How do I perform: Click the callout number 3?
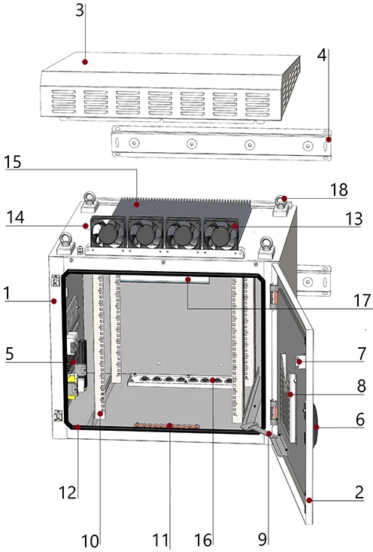80,11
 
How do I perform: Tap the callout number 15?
12,162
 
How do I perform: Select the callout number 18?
339,190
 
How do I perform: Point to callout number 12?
68,493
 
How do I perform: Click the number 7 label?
362,353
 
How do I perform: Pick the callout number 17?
362,300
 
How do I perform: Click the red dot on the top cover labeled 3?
85,62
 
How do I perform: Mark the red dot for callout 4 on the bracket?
329,139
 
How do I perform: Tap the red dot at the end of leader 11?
169,425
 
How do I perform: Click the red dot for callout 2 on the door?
309,500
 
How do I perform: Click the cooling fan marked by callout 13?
221,233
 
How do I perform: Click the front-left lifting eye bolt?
65,243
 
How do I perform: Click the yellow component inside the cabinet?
72,386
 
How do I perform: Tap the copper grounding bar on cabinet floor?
166,425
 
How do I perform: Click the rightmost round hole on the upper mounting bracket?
308,145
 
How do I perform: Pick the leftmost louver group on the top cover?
64,102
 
